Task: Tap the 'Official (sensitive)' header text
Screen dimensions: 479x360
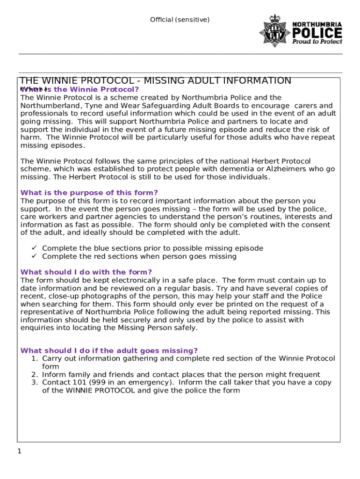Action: [180, 20]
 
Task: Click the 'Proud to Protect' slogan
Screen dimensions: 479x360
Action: [317, 41]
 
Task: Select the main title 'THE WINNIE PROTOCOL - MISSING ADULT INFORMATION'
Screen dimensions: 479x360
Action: [155, 80]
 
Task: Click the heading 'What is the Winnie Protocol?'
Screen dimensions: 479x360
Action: [80, 89]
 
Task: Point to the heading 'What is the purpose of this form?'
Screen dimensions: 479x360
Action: [89, 193]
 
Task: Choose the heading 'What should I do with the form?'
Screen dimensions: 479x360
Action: [86, 272]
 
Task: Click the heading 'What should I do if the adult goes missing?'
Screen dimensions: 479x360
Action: [109, 351]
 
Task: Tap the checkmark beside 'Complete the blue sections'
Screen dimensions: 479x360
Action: [34, 248]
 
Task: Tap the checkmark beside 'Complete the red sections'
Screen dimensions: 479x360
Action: [34, 256]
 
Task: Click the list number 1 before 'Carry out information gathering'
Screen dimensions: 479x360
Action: [34, 359]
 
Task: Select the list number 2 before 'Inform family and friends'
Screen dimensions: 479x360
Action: [34, 375]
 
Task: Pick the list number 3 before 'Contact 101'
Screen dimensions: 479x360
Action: [34, 383]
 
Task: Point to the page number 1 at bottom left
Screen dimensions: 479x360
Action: [19, 451]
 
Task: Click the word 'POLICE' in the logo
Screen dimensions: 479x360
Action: [317, 33]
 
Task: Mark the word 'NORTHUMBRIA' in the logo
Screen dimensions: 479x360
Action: [317, 24]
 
